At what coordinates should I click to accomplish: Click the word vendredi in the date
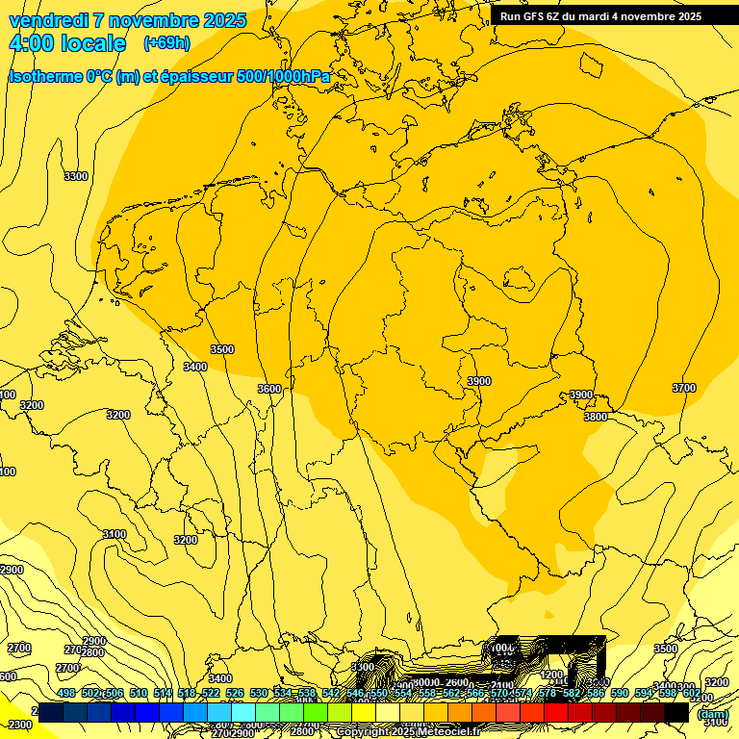click(x=47, y=20)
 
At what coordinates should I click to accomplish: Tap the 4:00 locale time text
click(x=67, y=43)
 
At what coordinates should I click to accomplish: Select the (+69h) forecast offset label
click(x=166, y=43)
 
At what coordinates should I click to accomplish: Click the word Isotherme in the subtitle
click(x=47, y=76)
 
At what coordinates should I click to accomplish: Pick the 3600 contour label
click(x=269, y=389)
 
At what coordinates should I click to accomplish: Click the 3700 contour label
click(x=683, y=388)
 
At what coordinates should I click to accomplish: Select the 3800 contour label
click(x=596, y=417)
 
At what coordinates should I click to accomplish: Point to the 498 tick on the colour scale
click(x=66, y=693)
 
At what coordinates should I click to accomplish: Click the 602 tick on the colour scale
click(x=691, y=693)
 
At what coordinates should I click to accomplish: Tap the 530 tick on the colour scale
click(x=259, y=693)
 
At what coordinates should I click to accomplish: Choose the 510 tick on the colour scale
click(x=139, y=693)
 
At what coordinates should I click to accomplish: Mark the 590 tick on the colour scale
click(x=619, y=693)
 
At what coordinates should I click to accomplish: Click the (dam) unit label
click(x=711, y=714)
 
